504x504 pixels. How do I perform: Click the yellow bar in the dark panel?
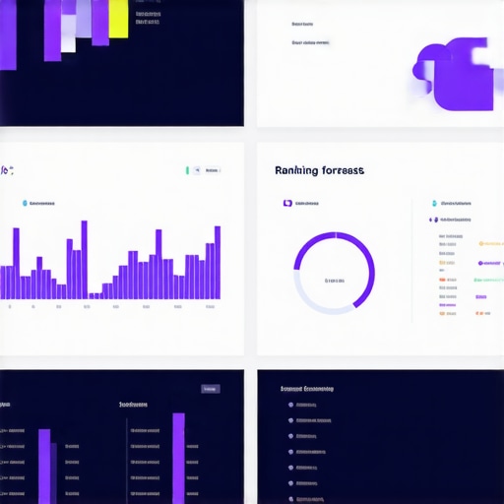118,19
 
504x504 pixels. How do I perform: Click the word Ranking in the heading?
296,170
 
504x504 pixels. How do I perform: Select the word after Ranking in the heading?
343,170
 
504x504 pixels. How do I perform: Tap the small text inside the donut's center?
335,281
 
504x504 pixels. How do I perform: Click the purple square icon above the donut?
287,204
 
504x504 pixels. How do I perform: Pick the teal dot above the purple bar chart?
25,204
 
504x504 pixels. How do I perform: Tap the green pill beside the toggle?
187,170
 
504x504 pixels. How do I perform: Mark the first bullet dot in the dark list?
290,405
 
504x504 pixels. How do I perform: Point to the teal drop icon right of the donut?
433,204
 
